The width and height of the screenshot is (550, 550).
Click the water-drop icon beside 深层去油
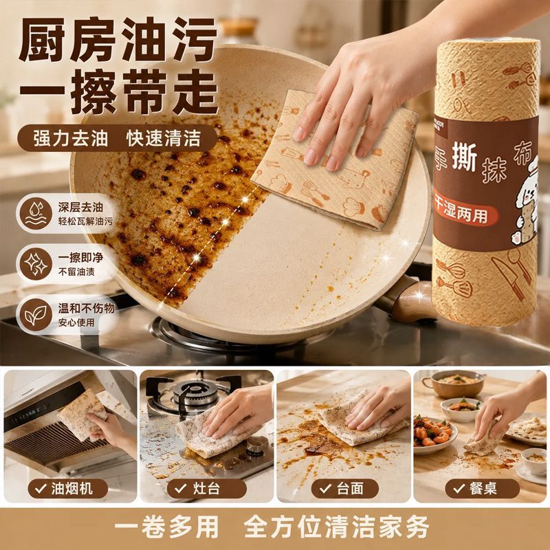tap(36, 213)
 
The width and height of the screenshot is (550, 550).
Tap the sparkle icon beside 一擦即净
tap(36, 264)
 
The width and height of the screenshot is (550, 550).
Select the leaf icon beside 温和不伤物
tap(36, 315)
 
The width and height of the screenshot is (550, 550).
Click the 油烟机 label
tap(67, 489)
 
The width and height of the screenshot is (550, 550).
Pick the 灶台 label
tap(207, 489)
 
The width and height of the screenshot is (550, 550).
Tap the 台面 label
tap(345, 489)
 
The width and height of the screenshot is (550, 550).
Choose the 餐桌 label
tap(483, 489)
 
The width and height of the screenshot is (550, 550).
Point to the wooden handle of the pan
tap(410, 300)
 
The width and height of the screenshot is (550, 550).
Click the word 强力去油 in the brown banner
tap(71, 139)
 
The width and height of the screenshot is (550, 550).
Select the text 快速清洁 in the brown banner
tap(164, 139)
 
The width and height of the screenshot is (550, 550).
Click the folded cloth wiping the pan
tap(335, 162)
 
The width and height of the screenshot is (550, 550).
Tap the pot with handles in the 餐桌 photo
tap(455, 384)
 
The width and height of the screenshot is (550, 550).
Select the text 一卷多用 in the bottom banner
tap(166, 527)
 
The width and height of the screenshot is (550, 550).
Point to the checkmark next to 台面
tap(325, 488)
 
